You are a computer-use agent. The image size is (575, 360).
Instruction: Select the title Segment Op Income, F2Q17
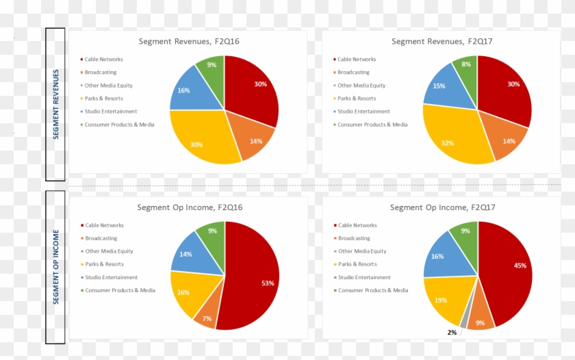pyautogui.click(x=442, y=207)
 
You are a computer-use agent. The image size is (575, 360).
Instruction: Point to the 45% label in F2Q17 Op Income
pyautogui.click(x=520, y=266)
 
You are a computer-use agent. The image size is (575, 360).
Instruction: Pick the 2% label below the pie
pyautogui.click(x=451, y=333)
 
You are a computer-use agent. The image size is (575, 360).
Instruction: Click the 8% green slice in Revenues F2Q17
pyautogui.click(x=466, y=68)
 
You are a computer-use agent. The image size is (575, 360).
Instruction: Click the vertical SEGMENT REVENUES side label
pyautogui.click(x=55, y=104)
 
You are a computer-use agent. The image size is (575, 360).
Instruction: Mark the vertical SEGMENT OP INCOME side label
pyautogui.click(x=55, y=267)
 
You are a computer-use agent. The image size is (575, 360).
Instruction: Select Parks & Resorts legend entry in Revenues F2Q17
pyautogui.click(x=357, y=99)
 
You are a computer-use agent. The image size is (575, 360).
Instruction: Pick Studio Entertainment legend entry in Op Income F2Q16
pyautogui.click(x=111, y=277)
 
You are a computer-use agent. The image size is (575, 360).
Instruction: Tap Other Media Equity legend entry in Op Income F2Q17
pyautogui.click(x=362, y=251)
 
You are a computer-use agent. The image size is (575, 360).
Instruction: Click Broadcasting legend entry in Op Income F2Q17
pyautogui.click(x=354, y=238)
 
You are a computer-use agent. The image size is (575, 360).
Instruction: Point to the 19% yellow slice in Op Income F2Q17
pyautogui.click(x=442, y=300)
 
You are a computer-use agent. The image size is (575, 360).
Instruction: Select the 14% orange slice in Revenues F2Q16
pyautogui.click(x=253, y=141)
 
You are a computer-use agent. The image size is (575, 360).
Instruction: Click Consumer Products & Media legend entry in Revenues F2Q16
pyautogui.click(x=119, y=125)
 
